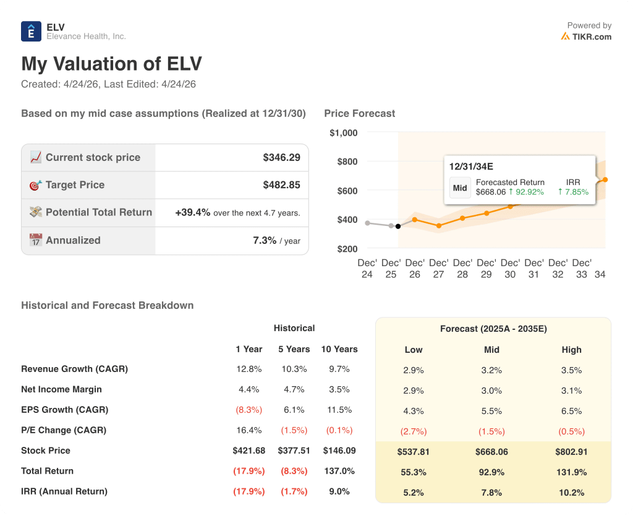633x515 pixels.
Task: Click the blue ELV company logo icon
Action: point(31,32)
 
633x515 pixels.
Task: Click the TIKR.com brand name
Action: point(592,37)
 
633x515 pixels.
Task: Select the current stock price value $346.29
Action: point(281,157)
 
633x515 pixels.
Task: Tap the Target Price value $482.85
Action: point(281,184)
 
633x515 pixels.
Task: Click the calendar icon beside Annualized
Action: point(35,240)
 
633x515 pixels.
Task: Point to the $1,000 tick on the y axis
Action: point(344,132)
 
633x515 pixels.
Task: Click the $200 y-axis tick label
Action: point(347,248)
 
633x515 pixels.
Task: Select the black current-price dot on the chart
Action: point(397,226)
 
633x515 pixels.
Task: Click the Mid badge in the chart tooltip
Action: point(460,188)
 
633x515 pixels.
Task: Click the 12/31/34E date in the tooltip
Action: point(471,167)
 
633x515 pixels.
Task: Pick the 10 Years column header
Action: point(339,349)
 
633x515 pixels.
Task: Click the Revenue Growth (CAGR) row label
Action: point(74,369)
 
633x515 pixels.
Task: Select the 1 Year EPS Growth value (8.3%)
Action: point(249,410)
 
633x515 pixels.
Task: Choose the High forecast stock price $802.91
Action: point(571,452)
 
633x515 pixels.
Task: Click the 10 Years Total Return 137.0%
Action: point(339,471)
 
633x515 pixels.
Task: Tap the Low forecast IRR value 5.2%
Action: point(413,493)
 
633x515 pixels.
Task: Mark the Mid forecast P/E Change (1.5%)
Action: point(491,431)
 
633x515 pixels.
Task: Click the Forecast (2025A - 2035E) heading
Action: point(493,329)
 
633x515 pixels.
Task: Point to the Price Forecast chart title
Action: point(359,113)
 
